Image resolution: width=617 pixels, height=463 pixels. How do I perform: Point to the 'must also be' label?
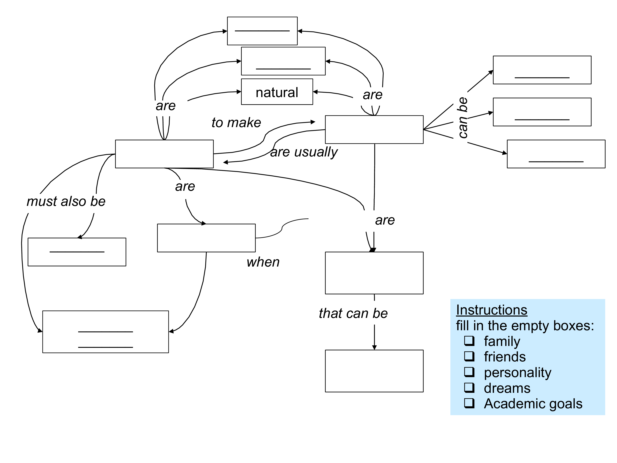pyautogui.click(x=66, y=201)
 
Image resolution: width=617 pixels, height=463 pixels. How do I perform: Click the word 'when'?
pyautogui.click(x=263, y=262)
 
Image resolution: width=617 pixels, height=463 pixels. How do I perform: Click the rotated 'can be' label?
pyautogui.click(x=463, y=117)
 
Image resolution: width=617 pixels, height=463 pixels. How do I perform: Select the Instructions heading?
pyautogui.click(x=491, y=310)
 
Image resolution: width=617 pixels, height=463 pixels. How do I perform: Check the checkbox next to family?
pyautogui.click(x=469, y=341)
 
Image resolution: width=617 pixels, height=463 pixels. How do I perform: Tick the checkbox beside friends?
pyautogui.click(x=469, y=356)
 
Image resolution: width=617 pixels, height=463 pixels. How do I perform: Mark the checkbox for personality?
pyautogui.click(x=469, y=372)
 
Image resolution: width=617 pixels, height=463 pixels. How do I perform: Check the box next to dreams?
pyautogui.click(x=469, y=387)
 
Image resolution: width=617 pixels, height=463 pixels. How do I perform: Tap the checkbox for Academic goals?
pyautogui.click(x=469, y=403)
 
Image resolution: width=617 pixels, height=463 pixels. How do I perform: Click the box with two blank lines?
pyautogui.click(x=105, y=332)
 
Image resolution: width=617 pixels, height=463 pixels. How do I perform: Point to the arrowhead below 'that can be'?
pyautogui.click(x=374, y=347)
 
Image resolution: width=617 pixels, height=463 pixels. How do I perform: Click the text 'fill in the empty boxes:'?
pyautogui.click(x=525, y=326)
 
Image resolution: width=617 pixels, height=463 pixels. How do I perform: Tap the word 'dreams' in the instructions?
pyautogui.click(x=507, y=388)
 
